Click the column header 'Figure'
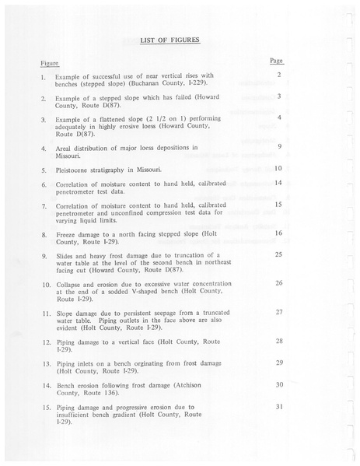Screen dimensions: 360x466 point(49,62)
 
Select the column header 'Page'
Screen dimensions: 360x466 point(276,60)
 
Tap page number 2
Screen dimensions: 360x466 point(278,75)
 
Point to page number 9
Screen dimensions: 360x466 point(278,146)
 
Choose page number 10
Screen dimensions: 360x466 point(278,168)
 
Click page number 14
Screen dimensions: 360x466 point(278,183)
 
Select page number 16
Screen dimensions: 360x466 point(278,233)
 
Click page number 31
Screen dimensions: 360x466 point(278,406)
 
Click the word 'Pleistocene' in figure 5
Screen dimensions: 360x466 point(76,170)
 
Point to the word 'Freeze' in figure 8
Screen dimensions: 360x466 point(67,233)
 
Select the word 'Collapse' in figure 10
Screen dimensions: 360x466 point(70,284)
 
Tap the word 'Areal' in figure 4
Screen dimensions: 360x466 point(65,147)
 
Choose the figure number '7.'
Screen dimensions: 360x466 point(44,205)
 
